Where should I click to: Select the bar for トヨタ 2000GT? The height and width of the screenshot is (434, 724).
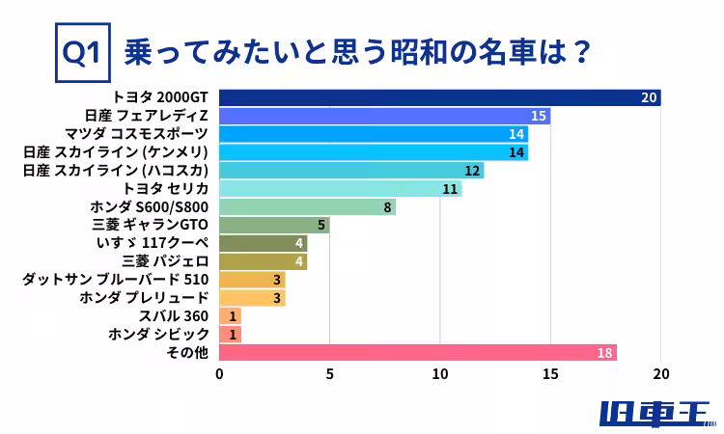[439, 97]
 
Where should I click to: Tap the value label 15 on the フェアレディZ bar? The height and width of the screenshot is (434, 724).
[540, 116]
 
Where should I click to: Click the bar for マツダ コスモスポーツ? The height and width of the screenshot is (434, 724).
[374, 134]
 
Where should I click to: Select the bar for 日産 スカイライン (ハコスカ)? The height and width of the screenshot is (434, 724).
[351, 171]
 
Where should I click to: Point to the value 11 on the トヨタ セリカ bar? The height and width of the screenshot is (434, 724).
[450, 189]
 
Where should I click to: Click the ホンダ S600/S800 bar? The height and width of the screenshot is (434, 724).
[307, 207]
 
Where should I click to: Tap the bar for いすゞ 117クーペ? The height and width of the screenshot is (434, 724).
[263, 243]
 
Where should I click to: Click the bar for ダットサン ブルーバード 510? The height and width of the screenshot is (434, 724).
[252, 280]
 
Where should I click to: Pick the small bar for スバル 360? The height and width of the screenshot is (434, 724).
[230, 316]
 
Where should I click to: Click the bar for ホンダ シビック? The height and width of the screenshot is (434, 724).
[230, 335]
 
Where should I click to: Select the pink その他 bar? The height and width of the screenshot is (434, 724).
[417, 353]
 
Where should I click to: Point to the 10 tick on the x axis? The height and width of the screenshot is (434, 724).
[440, 374]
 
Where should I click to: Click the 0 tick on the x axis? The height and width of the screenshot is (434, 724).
[220, 374]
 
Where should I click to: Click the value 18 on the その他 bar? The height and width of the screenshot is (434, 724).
[605, 353]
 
